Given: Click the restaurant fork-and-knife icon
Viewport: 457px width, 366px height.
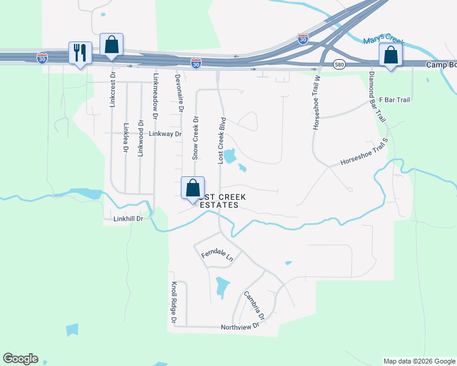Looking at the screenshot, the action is click(x=80, y=53).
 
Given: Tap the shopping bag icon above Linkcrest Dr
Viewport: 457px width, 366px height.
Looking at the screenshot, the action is click(x=111, y=45).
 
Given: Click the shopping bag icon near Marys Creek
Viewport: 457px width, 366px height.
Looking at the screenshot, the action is click(x=391, y=55).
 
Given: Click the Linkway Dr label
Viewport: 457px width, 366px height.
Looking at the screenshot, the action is click(x=166, y=134).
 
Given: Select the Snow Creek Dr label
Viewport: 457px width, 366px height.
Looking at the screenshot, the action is click(x=196, y=138).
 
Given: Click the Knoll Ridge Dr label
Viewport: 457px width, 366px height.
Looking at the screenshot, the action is click(x=174, y=303).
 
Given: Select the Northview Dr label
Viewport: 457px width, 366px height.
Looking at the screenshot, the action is click(x=240, y=326).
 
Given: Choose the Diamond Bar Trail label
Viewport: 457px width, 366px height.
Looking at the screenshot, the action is click(x=378, y=98).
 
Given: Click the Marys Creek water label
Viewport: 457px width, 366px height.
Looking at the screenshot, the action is click(x=384, y=41).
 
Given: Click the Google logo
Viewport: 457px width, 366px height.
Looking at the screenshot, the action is click(x=20, y=359).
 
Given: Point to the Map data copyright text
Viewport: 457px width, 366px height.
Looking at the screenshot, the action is click(x=419, y=361).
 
